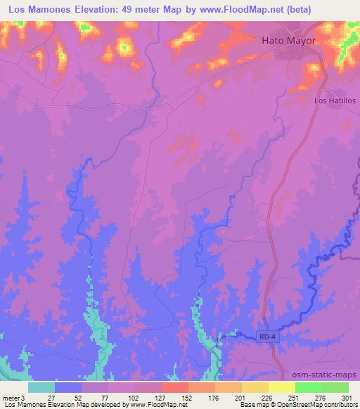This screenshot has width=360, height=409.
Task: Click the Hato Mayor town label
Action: [x=289, y=40]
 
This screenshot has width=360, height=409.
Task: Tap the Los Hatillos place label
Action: [x=335, y=101]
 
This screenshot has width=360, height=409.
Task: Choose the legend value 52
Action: [x=68, y=398]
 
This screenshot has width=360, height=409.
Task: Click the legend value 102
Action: [x=122, y=398]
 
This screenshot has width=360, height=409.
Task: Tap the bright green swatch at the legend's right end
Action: [x=335, y=387]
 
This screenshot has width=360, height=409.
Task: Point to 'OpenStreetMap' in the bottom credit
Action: [x=297, y=405]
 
